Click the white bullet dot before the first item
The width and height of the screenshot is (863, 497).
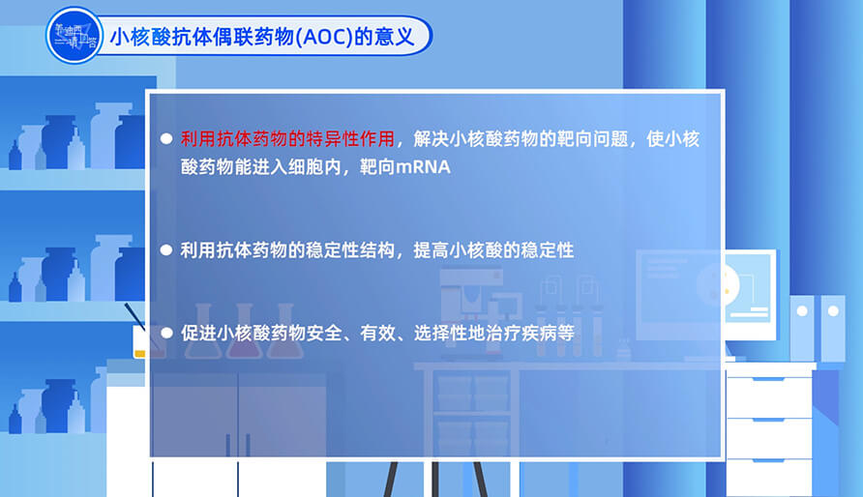[166, 138]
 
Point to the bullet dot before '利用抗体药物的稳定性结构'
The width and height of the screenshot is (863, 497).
[166, 249]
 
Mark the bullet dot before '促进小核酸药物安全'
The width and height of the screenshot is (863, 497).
[166, 331]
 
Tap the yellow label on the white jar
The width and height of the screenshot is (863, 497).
[140, 354]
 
